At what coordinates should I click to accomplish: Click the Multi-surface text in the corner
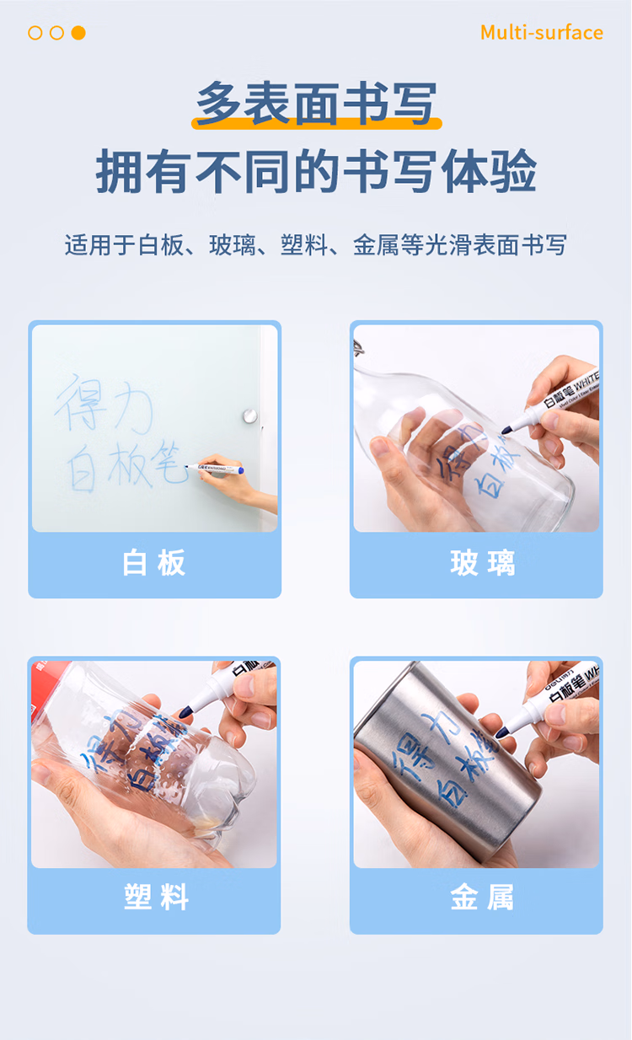(541, 33)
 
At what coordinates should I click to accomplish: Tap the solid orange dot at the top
(78, 33)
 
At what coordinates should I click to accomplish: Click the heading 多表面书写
(316, 103)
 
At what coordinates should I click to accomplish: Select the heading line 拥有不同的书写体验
(316, 172)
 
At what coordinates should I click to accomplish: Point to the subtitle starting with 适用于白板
(316, 245)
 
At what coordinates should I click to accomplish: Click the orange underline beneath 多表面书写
(316, 125)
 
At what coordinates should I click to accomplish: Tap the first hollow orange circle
(35, 33)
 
